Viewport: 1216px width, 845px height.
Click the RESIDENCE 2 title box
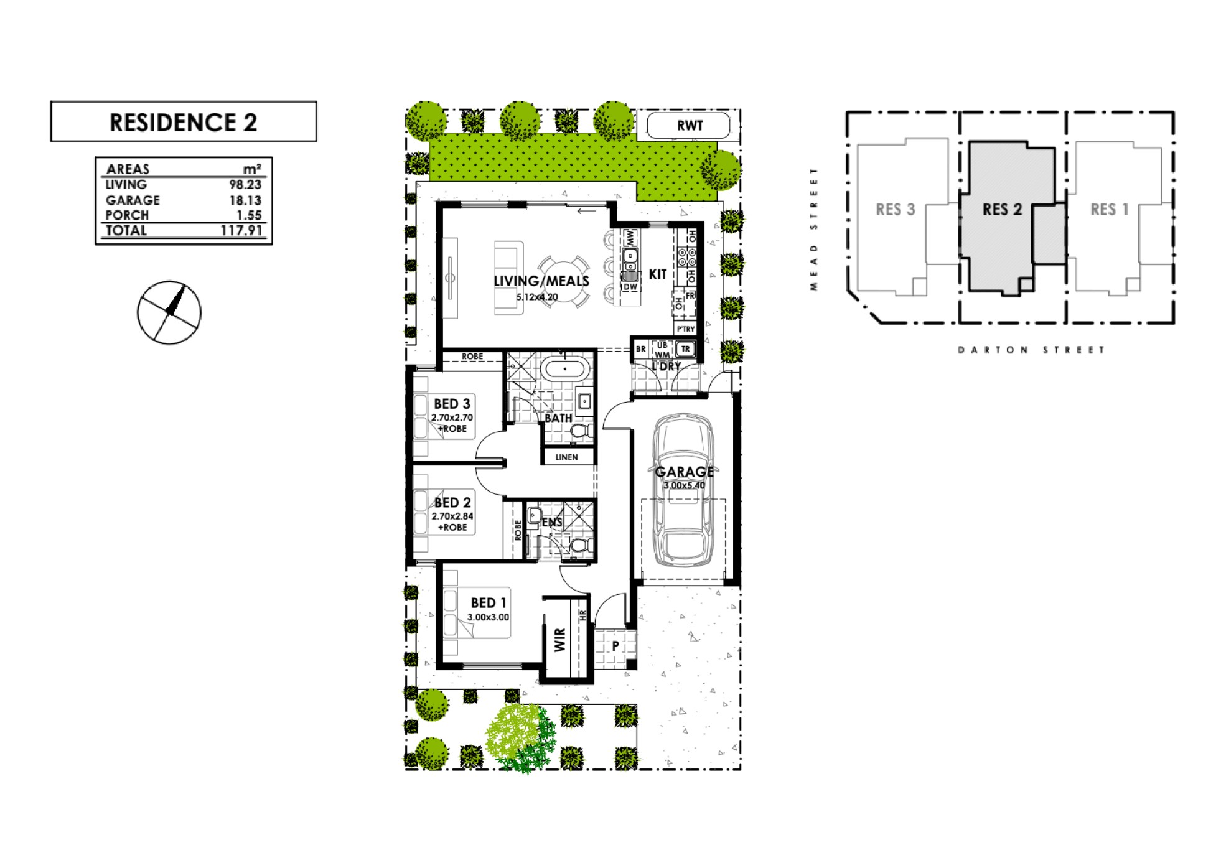point(184,122)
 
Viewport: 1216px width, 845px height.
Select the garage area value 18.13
point(245,200)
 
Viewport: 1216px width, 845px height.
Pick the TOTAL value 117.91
point(241,230)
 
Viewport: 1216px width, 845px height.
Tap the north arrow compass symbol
point(169,312)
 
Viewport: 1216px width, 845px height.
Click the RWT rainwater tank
point(689,126)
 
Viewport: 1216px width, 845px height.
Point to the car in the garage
point(683,492)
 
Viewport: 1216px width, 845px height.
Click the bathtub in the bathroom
point(564,369)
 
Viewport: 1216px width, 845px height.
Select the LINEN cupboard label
point(566,457)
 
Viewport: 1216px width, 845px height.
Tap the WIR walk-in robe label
point(560,640)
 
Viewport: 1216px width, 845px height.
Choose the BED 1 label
point(489,602)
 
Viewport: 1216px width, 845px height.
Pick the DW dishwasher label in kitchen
point(630,287)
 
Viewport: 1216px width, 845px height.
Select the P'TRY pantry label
point(685,329)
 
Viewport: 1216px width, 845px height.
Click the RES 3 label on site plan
point(896,210)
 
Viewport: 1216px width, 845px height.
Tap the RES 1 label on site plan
point(1109,210)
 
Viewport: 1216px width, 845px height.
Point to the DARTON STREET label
point(1031,350)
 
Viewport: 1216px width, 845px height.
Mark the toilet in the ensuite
point(581,546)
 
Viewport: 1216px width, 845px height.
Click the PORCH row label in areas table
point(128,215)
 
